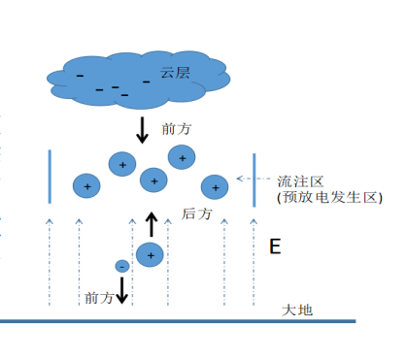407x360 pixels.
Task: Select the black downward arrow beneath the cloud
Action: (143, 129)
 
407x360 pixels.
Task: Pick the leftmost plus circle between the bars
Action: (87, 185)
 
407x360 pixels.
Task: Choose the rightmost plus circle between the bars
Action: (214, 185)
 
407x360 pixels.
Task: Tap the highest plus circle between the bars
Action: (181, 155)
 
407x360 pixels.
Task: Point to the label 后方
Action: (196, 213)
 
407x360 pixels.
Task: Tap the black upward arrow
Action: (150, 224)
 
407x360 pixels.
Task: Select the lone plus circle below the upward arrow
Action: (150, 255)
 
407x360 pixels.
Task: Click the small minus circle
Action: (121, 266)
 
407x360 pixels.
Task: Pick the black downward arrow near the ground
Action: (121, 289)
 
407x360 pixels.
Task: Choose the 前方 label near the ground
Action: (99, 298)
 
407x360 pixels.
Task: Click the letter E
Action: (275, 247)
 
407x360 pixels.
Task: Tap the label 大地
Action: (296, 311)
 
